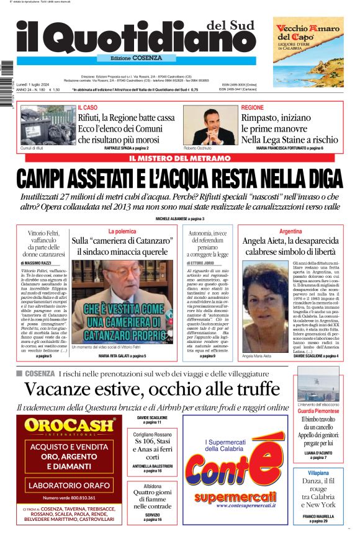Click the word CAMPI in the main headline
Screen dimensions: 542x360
pos(47,179)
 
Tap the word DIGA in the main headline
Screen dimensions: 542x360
pos(319,179)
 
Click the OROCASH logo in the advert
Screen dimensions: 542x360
pos(70,425)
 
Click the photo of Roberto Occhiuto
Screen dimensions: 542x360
pos(210,125)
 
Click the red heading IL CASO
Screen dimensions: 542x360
pos(88,107)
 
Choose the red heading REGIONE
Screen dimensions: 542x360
pos(253,107)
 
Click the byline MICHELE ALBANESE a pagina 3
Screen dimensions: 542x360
pos(179,219)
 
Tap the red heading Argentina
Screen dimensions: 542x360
pos(290,231)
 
